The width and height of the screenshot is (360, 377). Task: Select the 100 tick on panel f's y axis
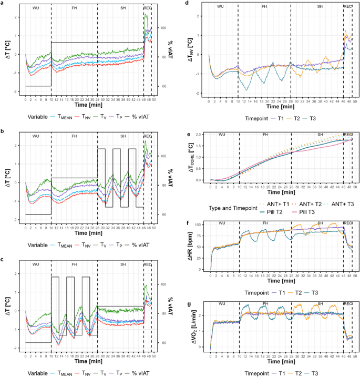tap(200, 225)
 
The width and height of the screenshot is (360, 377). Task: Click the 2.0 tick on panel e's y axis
tap(200, 134)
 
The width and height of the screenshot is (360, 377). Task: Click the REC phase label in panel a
tap(148, 8)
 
